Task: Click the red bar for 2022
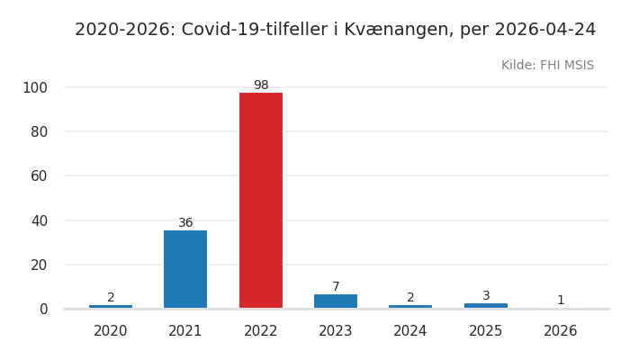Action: click(x=261, y=200)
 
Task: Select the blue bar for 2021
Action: click(x=185, y=269)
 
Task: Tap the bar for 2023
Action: click(x=336, y=301)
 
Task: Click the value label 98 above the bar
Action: click(x=261, y=85)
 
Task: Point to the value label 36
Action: click(x=185, y=223)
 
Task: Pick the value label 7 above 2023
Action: click(x=336, y=287)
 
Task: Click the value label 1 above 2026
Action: click(x=561, y=301)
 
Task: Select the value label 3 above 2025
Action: click(x=486, y=296)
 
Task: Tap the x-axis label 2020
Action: click(x=111, y=331)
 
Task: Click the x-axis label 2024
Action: click(x=410, y=331)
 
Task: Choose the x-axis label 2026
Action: click(x=561, y=331)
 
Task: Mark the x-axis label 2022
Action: click(x=261, y=331)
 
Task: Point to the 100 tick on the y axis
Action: click(x=35, y=87)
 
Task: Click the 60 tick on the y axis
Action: click(x=39, y=175)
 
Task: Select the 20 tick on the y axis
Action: click(x=39, y=265)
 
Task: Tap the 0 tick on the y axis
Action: click(x=42, y=309)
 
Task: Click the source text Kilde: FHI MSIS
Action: click(x=547, y=66)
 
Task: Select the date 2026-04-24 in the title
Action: click(x=547, y=30)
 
